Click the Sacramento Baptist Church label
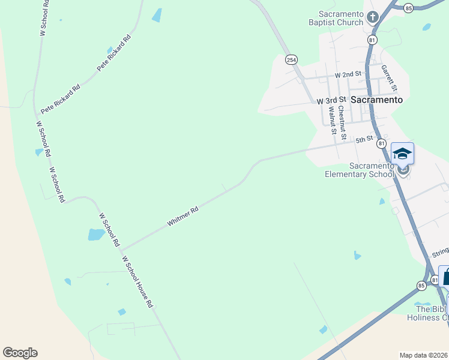coord(341,18)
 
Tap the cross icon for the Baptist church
coord(373,16)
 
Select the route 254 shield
coord(291,59)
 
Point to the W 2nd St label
coord(349,74)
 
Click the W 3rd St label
coord(332,100)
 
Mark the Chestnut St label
coord(342,122)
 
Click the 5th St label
coord(364,140)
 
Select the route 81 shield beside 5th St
coord(381,143)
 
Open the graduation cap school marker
coord(402,154)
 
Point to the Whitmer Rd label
coord(183,217)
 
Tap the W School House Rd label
coord(137,282)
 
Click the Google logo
coord(20,353)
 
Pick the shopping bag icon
coord(445,277)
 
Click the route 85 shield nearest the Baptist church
coord(409,8)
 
